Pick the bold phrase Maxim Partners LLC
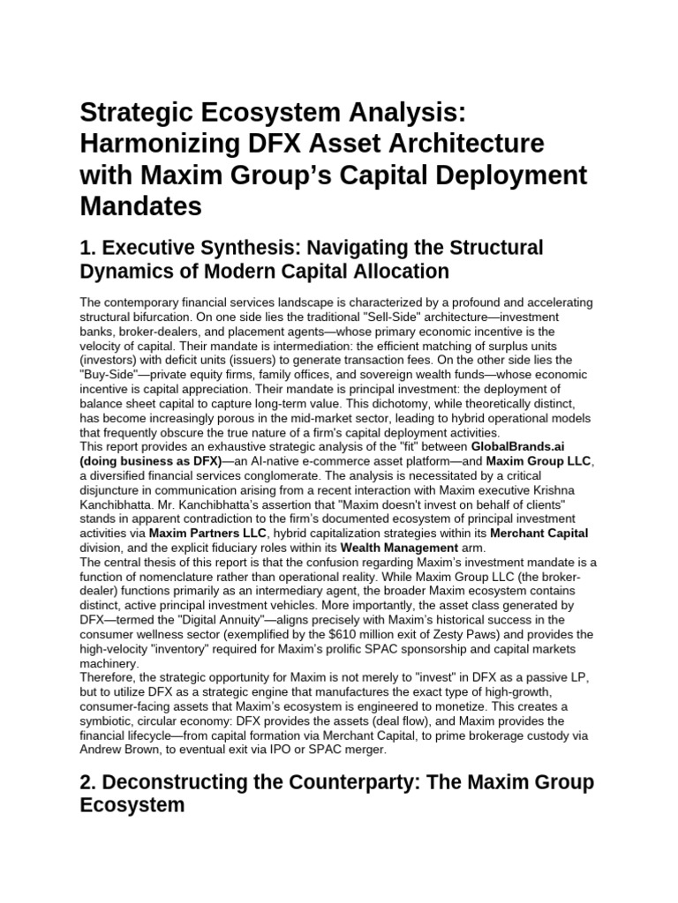[x=199, y=533]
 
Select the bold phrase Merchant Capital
[x=539, y=533]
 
